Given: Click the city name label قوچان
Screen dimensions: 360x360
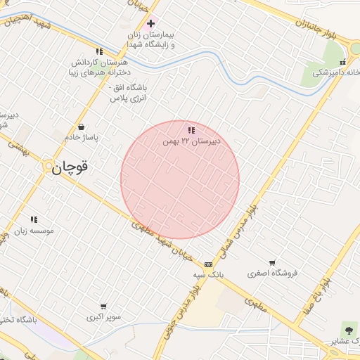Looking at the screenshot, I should pyautogui.click(x=70, y=167).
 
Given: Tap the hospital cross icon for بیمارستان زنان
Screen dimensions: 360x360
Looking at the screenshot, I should pyautogui.click(x=150, y=23).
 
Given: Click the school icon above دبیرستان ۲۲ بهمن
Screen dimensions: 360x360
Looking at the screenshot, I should pyautogui.click(x=191, y=130).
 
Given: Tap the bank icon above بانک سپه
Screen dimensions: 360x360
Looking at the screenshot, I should pyautogui.click(x=208, y=264).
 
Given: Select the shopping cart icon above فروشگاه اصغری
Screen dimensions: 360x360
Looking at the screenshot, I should pyautogui.click(x=271, y=262).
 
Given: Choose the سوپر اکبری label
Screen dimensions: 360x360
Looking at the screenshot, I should pyautogui.click(x=103, y=317).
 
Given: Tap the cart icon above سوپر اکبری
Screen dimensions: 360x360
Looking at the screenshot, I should pyautogui.click(x=103, y=307).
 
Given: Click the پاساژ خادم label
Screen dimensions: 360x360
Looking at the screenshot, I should pyautogui.click(x=83, y=137).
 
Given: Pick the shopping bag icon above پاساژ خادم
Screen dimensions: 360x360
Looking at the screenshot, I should pyautogui.click(x=83, y=127).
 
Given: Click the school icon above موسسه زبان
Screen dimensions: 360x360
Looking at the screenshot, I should pyautogui.click(x=34, y=220).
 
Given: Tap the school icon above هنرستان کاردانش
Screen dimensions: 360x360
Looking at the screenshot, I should pyautogui.click(x=99, y=51).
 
